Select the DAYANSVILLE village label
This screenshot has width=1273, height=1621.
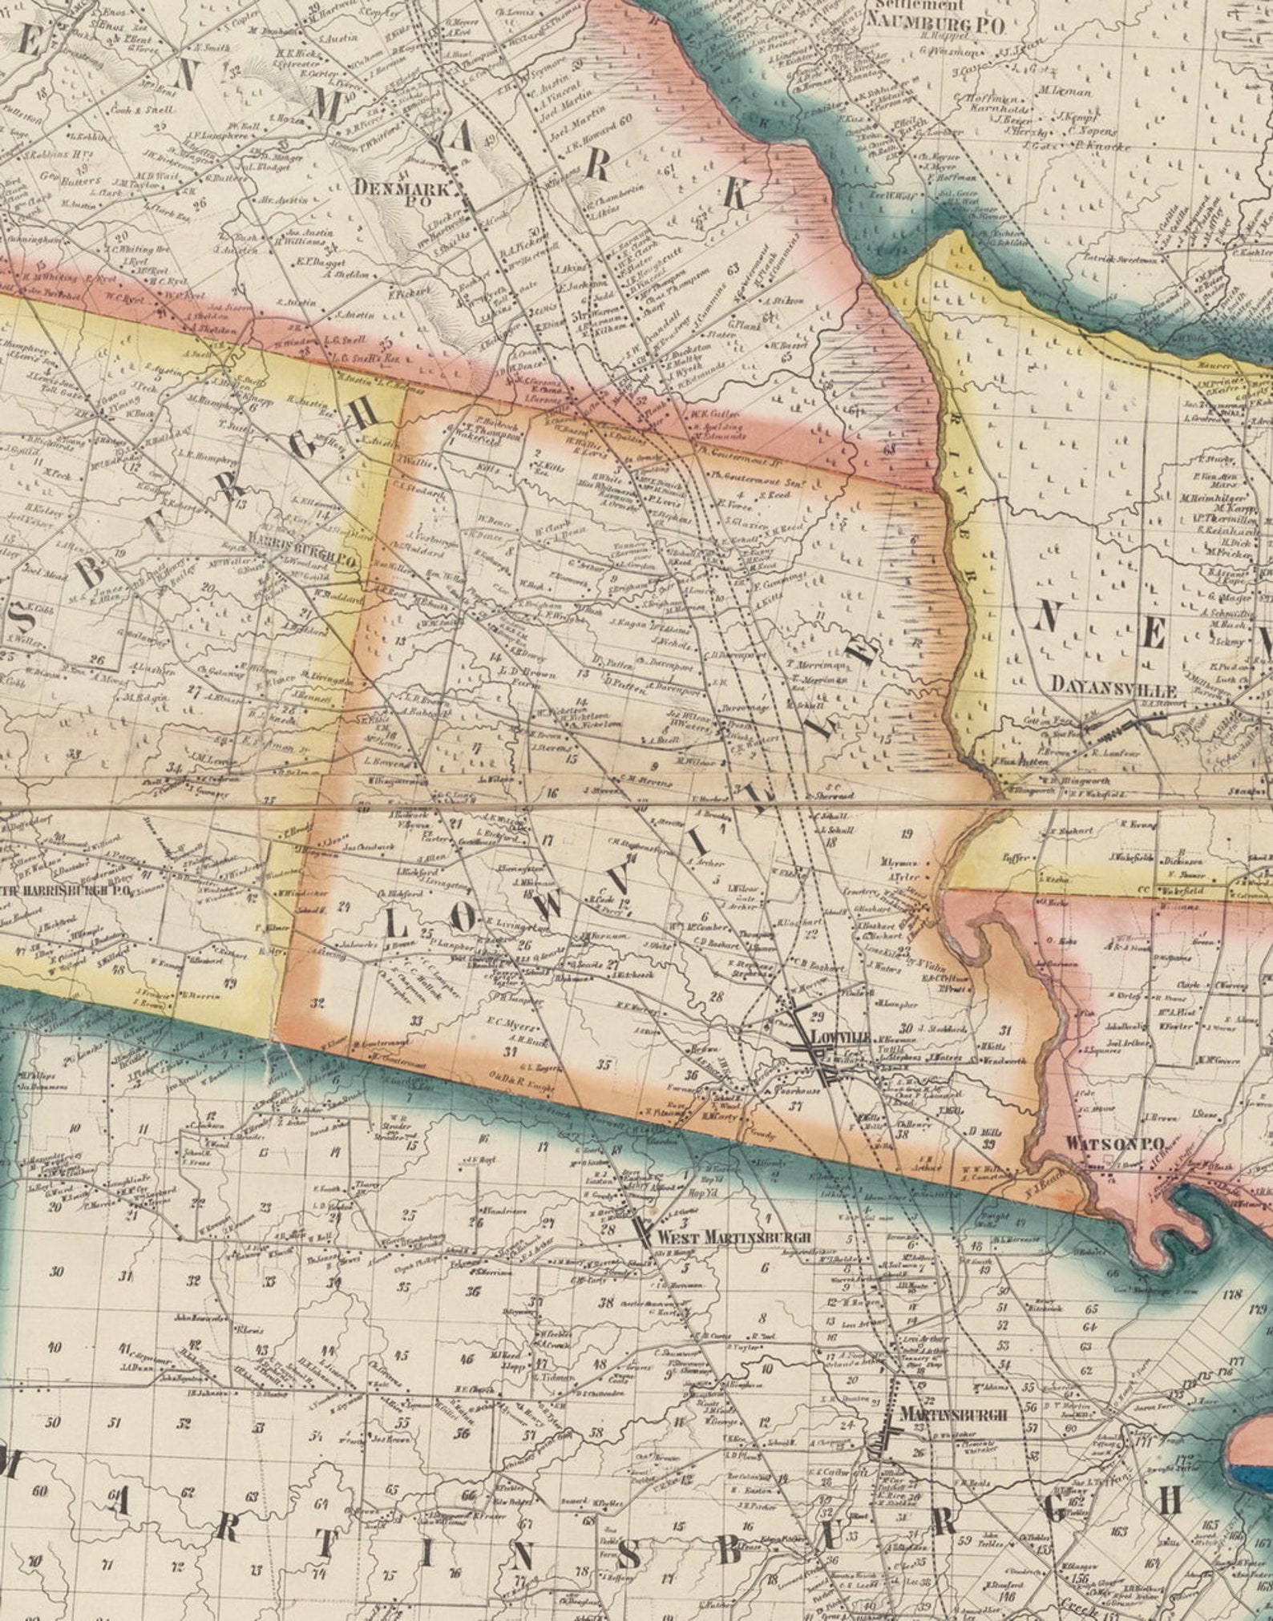[1113, 691]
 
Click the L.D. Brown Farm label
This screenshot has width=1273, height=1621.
[527, 674]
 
